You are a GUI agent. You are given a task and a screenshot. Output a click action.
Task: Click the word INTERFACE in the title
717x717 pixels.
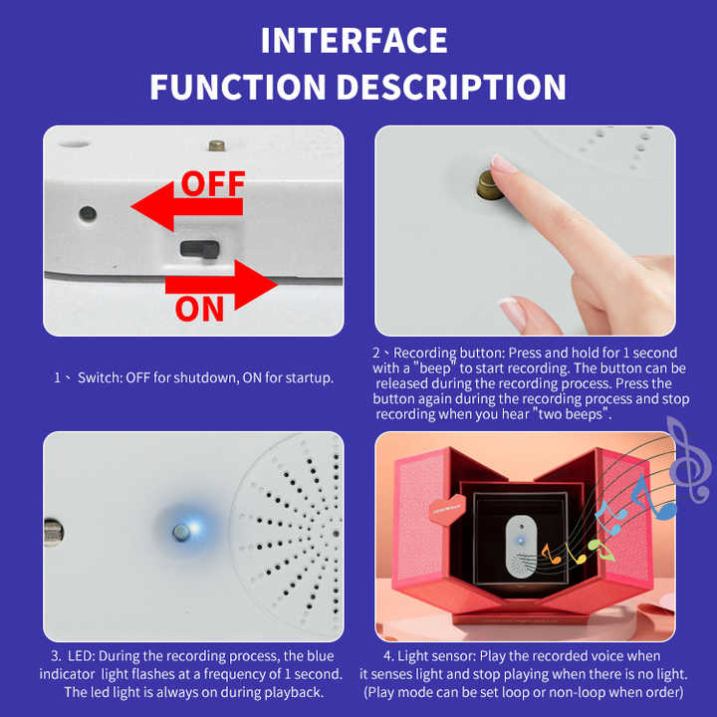tap(354, 41)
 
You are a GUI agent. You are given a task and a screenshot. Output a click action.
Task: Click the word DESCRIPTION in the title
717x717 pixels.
tap(451, 87)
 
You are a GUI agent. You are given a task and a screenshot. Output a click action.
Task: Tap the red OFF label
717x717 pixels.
tap(213, 183)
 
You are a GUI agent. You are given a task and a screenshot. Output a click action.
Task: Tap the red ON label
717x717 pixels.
tap(200, 309)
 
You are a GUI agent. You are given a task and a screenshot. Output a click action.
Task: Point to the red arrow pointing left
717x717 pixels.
tap(186, 207)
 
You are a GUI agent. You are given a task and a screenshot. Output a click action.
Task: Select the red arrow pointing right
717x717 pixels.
tap(221, 285)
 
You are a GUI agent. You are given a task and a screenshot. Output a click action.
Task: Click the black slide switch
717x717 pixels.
tap(200, 249)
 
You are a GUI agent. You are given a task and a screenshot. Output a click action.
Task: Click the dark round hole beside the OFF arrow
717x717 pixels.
tap(88, 213)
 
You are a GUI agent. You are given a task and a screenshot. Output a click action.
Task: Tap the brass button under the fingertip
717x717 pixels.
tap(489, 186)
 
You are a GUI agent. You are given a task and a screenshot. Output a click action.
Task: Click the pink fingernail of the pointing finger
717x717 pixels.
tap(503, 164)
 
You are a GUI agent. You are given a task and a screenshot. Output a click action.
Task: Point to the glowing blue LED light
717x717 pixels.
tap(186, 531)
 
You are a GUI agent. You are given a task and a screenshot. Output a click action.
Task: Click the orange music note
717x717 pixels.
tap(551, 554)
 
